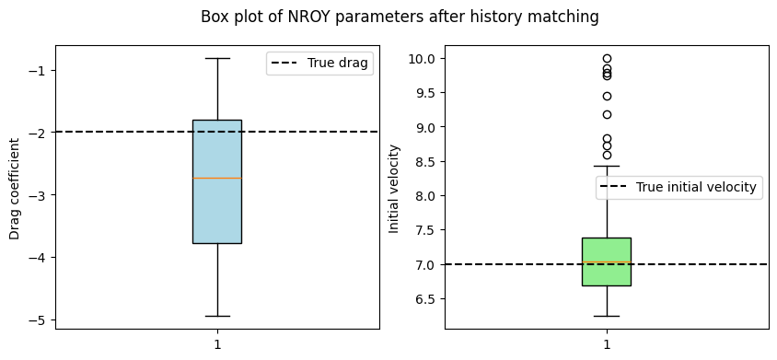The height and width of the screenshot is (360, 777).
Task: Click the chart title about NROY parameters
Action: (x=400, y=17)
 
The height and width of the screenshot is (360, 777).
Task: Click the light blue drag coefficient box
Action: (x=217, y=181)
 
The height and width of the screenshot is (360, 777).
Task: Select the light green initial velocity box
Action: (x=607, y=261)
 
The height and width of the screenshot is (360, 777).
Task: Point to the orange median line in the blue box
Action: (x=217, y=178)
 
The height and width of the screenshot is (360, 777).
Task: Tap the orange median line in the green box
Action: (x=607, y=261)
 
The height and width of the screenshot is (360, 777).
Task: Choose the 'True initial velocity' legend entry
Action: (x=678, y=187)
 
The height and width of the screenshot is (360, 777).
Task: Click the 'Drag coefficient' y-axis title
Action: (x=15, y=189)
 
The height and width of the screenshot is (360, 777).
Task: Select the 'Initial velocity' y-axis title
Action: (x=394, y=189)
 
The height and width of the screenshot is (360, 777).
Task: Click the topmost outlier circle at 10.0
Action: (x=607, y=59)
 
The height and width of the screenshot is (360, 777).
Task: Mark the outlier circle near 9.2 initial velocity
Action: (x=607, y=114)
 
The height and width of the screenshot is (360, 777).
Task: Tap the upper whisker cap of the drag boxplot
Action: (x=217, y=59)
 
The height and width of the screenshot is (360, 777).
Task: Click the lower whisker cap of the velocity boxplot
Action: (x=607, y=316)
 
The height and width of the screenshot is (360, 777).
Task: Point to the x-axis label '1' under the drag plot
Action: (x=217, y=343)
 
